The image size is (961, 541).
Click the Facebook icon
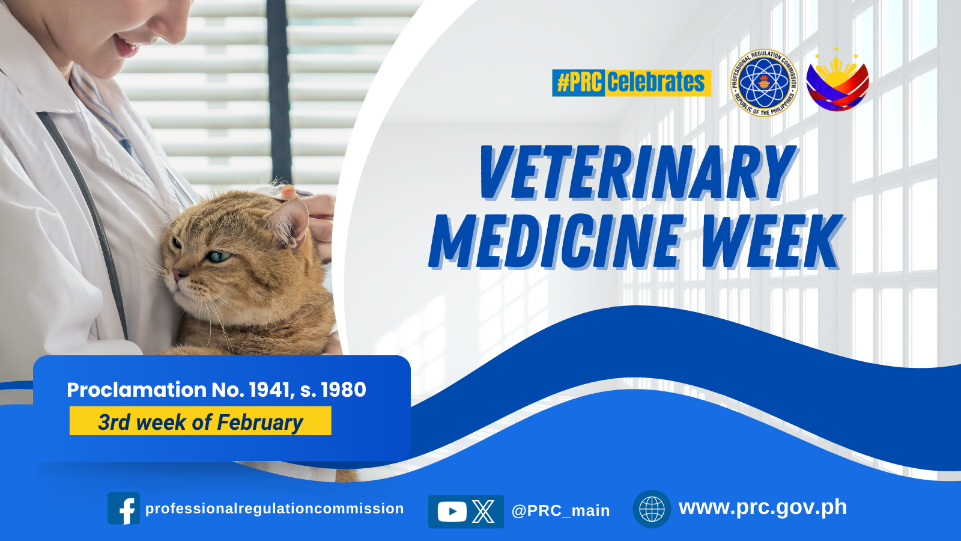coord(124,509)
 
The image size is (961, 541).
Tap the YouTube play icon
coord(452,512)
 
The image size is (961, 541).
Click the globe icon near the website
coord(652,509)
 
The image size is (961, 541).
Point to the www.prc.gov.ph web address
coord(763,507)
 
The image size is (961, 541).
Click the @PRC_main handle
coord(560,510)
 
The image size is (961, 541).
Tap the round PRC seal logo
coord(764,82)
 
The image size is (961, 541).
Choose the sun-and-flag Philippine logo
coord(837,80)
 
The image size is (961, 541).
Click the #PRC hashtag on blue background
coord(579,82)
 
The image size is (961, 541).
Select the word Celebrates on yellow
coord(656,82)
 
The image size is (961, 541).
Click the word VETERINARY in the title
coord(637,173)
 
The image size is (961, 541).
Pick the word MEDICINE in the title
coord(555,242)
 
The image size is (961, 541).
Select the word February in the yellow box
coord(260,423)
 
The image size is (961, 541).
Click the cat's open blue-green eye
coord(219,257)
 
